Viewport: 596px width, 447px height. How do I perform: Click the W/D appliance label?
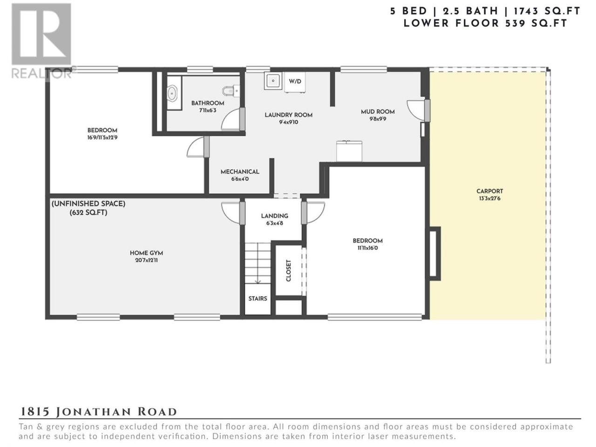(x=295, y=81)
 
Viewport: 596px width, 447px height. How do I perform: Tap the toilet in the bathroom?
(x=231, y=91)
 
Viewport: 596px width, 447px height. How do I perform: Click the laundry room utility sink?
(x=273, y=81)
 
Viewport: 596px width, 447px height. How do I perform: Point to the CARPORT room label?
(x=489, y=191)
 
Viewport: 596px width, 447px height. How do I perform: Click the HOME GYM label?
(x=146, y=253)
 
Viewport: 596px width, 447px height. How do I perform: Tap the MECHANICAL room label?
(x=240, y=172)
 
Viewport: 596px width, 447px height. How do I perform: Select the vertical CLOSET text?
(x=288, y=271)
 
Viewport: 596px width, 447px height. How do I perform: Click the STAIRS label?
(x=257, y=298)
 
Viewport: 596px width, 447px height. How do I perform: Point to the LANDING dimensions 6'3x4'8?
(x=275, y=223)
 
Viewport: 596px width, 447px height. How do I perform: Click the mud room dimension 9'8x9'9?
(x=378, y=119)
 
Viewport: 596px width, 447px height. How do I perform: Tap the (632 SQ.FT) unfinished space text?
(x=88, y=212)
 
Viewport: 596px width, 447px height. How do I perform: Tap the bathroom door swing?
(x=231, y=119)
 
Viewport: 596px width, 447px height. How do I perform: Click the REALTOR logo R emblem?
(x=41, y=34)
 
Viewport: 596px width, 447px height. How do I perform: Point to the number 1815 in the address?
(x=35, y=412)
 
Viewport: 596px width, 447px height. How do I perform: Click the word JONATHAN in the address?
(x=94, y=412)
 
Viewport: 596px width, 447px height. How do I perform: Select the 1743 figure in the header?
(x=526, y=11)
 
